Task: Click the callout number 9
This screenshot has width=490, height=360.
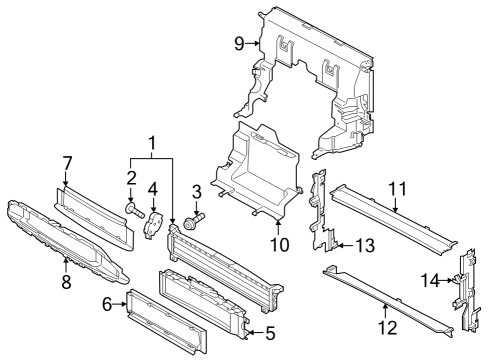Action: (x=239, y=43)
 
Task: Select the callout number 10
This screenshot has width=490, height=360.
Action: (x=279, y=245)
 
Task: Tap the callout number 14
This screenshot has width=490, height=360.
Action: (x=430, y=280)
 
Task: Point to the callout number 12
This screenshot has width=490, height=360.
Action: (x=388, y=328)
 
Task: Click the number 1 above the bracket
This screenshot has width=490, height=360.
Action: (x=152, y=143)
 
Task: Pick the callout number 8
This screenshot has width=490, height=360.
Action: (x=66, y=282)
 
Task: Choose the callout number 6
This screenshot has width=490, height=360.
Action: (x=107, y=304)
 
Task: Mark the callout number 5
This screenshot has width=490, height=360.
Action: (x=270, y=333)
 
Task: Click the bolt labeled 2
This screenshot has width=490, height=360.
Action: (x=135, y=211)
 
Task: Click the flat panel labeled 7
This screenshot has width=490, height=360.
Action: (x=94, y=218)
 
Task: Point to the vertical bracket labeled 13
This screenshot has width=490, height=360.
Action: (x=323, y=210)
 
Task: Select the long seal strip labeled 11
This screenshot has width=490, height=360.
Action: (x=393, y=217)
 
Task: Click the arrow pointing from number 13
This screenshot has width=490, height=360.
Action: (x=344, y=246)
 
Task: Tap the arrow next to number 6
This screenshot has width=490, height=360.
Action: (x=120, y=304)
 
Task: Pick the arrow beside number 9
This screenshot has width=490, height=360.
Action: (x=253, y=43)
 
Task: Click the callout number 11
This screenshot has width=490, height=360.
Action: (x=398, y=189)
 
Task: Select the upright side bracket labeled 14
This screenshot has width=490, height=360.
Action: (x=467, y=290)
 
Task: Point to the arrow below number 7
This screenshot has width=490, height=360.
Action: (x=65, y=179)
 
